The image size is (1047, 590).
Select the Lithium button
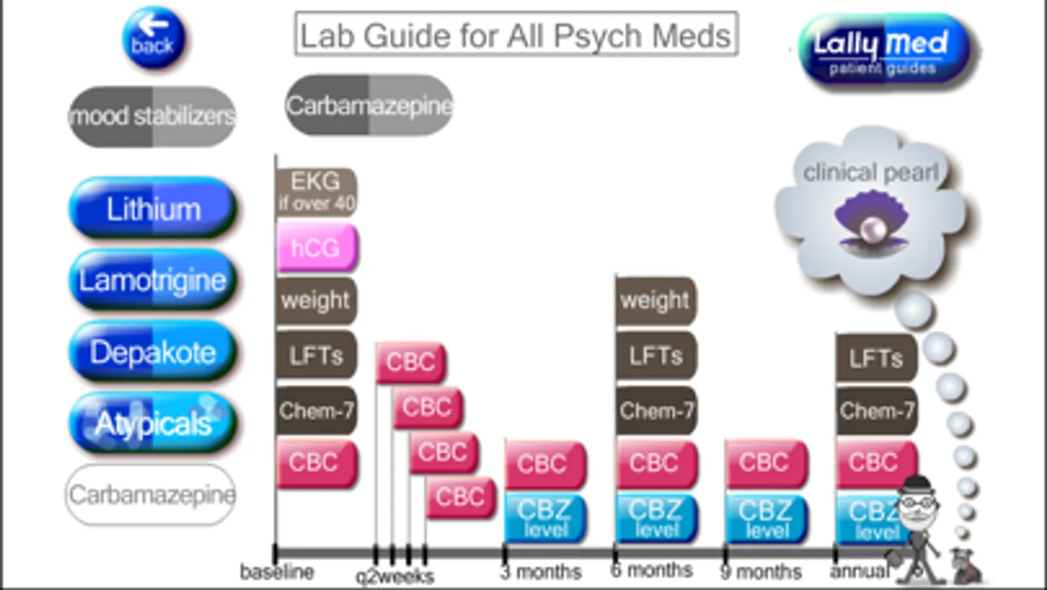153,208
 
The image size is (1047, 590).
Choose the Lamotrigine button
153,280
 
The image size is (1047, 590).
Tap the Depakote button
153,352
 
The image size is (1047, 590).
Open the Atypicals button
153,423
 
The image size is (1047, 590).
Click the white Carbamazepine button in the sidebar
151,494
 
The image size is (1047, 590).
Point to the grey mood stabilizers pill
152,116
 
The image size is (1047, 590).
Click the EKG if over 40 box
316,191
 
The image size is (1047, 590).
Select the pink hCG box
316,247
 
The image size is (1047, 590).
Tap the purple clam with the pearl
872,220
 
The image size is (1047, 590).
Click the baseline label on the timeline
277,572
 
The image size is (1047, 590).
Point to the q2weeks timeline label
394,576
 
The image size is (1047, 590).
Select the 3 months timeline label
542,572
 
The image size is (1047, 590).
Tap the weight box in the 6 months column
655,300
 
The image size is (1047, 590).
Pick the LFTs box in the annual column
876,357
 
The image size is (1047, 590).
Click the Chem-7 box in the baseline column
316,411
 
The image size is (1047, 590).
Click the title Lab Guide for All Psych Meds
516,34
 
